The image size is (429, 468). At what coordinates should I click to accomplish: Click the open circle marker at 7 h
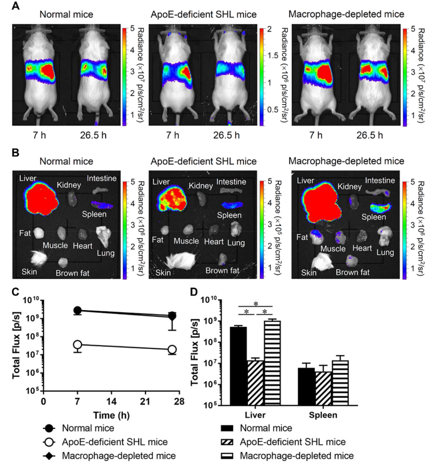[77, 344]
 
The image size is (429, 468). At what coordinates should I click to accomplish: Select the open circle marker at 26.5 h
[172, 350]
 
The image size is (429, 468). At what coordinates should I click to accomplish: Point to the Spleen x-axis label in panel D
[323, 415]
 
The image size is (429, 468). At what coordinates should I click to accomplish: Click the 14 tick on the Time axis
[112, 402]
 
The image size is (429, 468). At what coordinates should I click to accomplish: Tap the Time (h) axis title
[111, 416]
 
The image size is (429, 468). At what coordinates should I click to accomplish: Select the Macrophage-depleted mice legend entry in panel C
[118, 456]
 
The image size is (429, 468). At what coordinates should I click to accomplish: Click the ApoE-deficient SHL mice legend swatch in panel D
[227, 442]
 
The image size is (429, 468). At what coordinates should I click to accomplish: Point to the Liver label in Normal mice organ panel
[28, 178]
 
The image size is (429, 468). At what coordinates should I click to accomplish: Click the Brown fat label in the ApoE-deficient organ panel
[222, 271]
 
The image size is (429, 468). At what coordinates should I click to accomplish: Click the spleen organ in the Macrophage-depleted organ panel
[380, 207]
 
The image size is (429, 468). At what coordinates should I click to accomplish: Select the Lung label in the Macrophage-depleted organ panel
[385, 252]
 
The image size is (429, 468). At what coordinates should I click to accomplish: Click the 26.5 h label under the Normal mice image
[93, 135]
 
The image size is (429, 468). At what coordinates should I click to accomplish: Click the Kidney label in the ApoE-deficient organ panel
[201, 186]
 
